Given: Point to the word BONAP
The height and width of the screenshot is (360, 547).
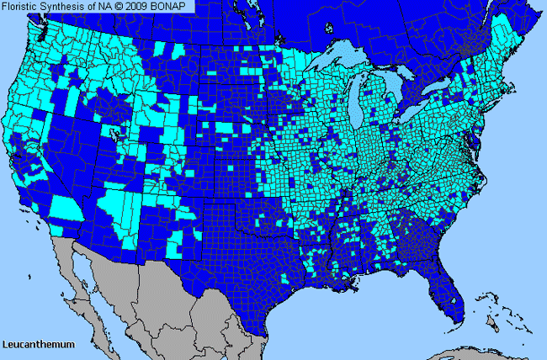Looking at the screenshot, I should [174, 6].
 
